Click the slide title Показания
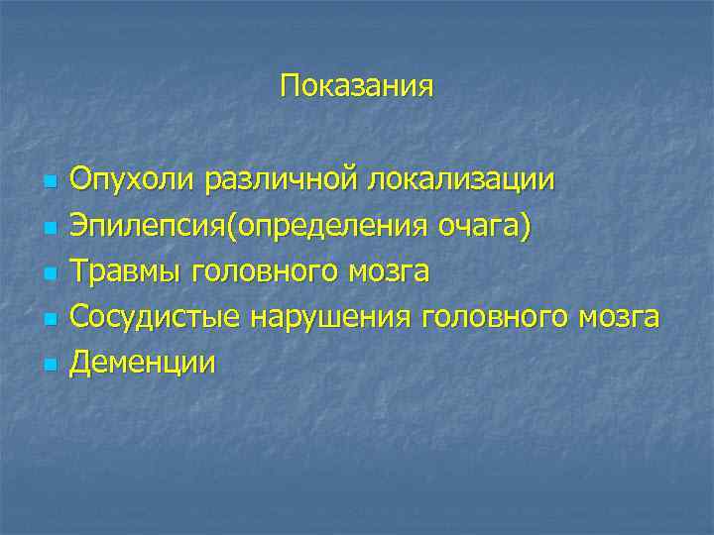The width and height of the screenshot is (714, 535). tap(357, 86)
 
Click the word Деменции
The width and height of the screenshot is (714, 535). tap(143, 364)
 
